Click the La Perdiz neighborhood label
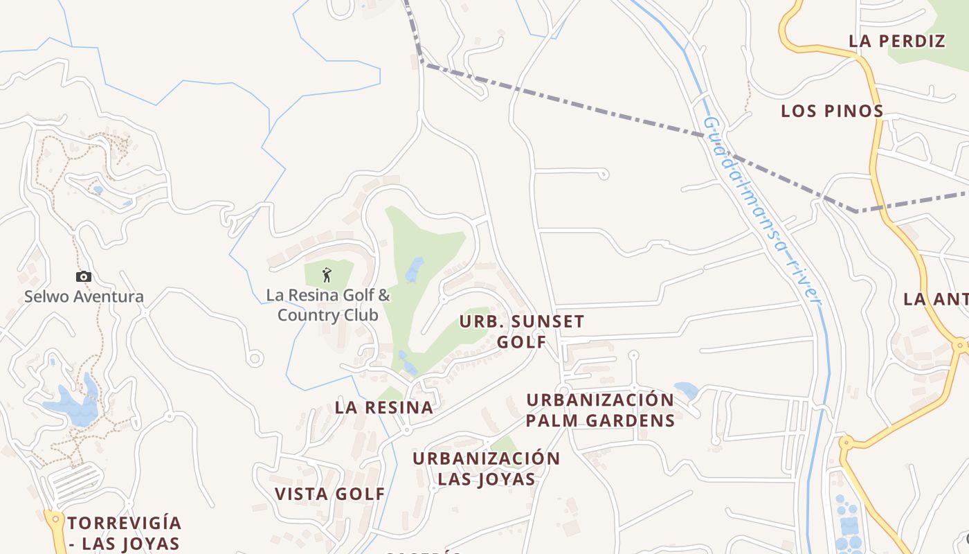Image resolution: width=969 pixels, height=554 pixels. click(x=896, y=41)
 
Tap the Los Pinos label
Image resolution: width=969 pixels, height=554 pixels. click(x=832, y=111)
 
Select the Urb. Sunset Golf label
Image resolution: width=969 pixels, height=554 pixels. click(x=522, y=332)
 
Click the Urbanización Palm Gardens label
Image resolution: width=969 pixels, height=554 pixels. click(x=600, y=410)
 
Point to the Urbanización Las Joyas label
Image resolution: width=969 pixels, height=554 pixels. click(x=486, y=469)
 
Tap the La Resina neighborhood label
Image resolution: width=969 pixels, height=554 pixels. click(x=384, y=407)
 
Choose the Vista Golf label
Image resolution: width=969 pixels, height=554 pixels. click(x=329, y=494)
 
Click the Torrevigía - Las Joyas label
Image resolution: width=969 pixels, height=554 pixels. click(x=125, y=533)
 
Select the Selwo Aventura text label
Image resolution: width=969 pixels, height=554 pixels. click(x=84, y=297)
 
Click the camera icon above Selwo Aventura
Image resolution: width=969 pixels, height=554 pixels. click(x=84, y=276)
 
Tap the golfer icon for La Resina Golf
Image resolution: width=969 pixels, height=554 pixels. click(x=327, y=275)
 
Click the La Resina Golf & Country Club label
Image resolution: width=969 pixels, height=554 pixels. click(x=328, y=305)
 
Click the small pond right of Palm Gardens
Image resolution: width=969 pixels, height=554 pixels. click(x=686, y=390)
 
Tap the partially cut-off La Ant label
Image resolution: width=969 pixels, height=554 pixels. click(x=935, y=299)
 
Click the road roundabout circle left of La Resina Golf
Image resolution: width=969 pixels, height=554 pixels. click(x=255, y=358)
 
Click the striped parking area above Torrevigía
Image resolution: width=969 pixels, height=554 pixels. click(x=75, y=482)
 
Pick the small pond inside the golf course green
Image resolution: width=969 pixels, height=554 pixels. click(x=414, y=270)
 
